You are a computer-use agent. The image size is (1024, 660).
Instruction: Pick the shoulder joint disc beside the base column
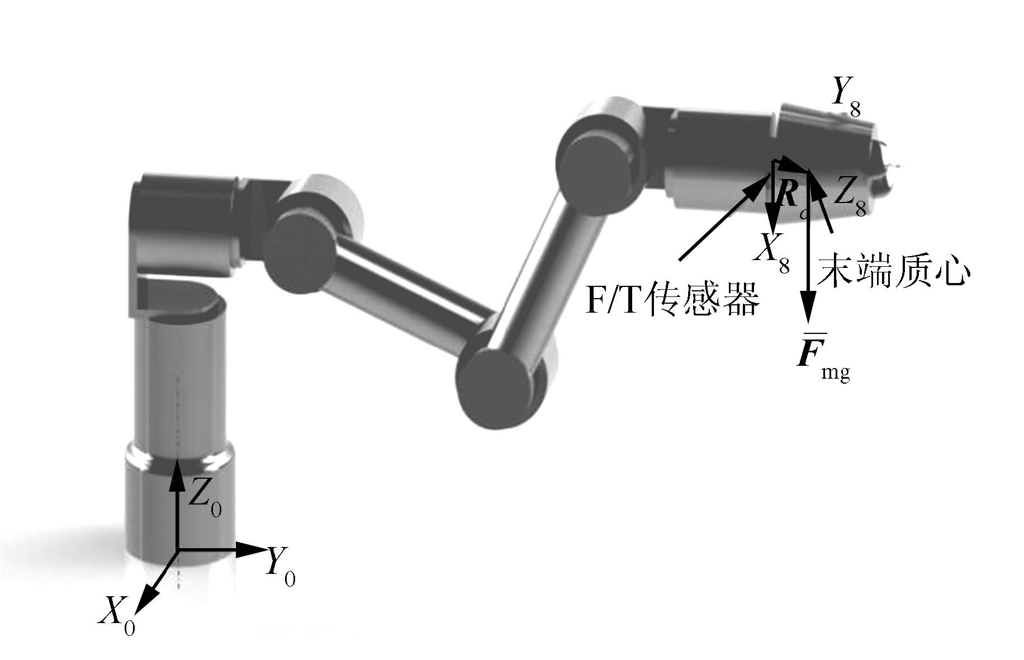(299, 252)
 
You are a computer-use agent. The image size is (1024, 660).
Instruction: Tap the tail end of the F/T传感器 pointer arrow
(680, 260)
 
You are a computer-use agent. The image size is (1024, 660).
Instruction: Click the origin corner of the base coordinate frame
(178, 550)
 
